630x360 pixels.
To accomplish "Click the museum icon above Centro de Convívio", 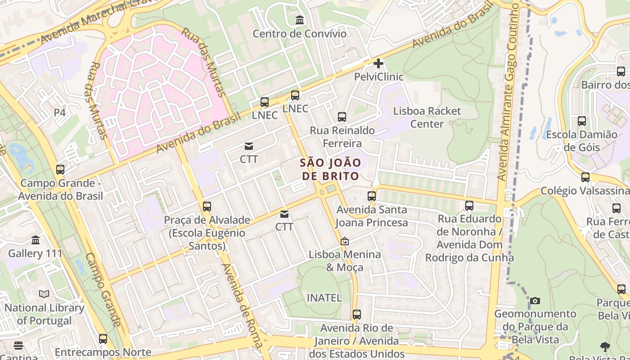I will (299, 20).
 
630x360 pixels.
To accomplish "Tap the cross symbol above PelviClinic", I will (378, 63).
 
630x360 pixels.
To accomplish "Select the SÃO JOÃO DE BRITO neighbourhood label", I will (330, 169).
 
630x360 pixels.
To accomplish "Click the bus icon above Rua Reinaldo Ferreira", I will (342, 117).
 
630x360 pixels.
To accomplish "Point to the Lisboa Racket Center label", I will (427, 117).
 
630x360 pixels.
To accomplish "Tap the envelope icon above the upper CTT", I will (249, 146).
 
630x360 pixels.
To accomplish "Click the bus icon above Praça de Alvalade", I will (207, 207).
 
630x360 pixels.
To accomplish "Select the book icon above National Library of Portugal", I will (44, 294).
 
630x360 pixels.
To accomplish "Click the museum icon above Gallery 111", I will (36, 240).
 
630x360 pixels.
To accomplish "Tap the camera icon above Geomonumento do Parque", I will (535, 301).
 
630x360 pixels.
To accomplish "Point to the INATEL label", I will (324, 297).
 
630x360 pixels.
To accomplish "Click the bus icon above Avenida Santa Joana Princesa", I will (372, 196).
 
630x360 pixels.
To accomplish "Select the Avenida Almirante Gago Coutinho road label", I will (509, 94).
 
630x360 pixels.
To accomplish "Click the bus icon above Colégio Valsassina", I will (585, 177).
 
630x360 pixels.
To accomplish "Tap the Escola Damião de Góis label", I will (581, 141).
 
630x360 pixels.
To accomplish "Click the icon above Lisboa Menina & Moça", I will (345, 242).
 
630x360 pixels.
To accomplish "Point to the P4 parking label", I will (60, 112).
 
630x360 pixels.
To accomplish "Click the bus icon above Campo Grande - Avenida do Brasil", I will (60, 170).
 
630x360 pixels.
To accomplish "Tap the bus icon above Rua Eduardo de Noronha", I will (469, 206).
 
